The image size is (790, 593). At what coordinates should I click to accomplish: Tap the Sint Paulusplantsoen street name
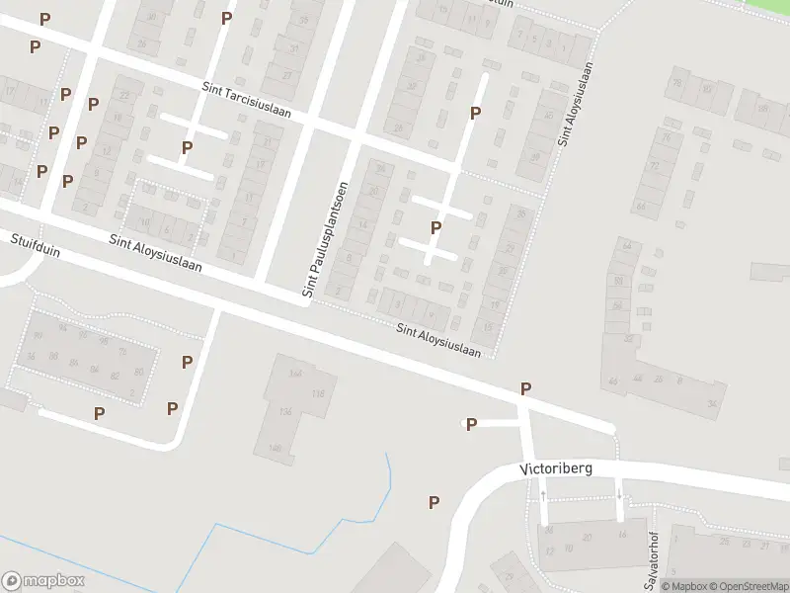tap(326, 239)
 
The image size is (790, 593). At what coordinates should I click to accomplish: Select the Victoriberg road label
tap(557, 468)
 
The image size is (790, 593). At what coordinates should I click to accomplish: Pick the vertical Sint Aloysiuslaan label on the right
tap(577, 105)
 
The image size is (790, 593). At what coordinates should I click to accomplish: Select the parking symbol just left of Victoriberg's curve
tap(434, 502)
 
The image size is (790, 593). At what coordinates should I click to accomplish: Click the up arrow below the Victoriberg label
tap(544, 493)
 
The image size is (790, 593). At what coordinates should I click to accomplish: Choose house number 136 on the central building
tap(287, 411)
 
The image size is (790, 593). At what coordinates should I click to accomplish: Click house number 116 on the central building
tap(317, 393)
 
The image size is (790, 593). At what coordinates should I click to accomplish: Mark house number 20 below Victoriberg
tap(587, 538)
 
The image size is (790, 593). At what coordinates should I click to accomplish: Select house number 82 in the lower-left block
tap(116, 376)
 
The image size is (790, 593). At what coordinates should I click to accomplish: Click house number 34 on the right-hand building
tap(712, 402)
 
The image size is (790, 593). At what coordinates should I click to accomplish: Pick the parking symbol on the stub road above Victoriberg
tap(471, 425)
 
